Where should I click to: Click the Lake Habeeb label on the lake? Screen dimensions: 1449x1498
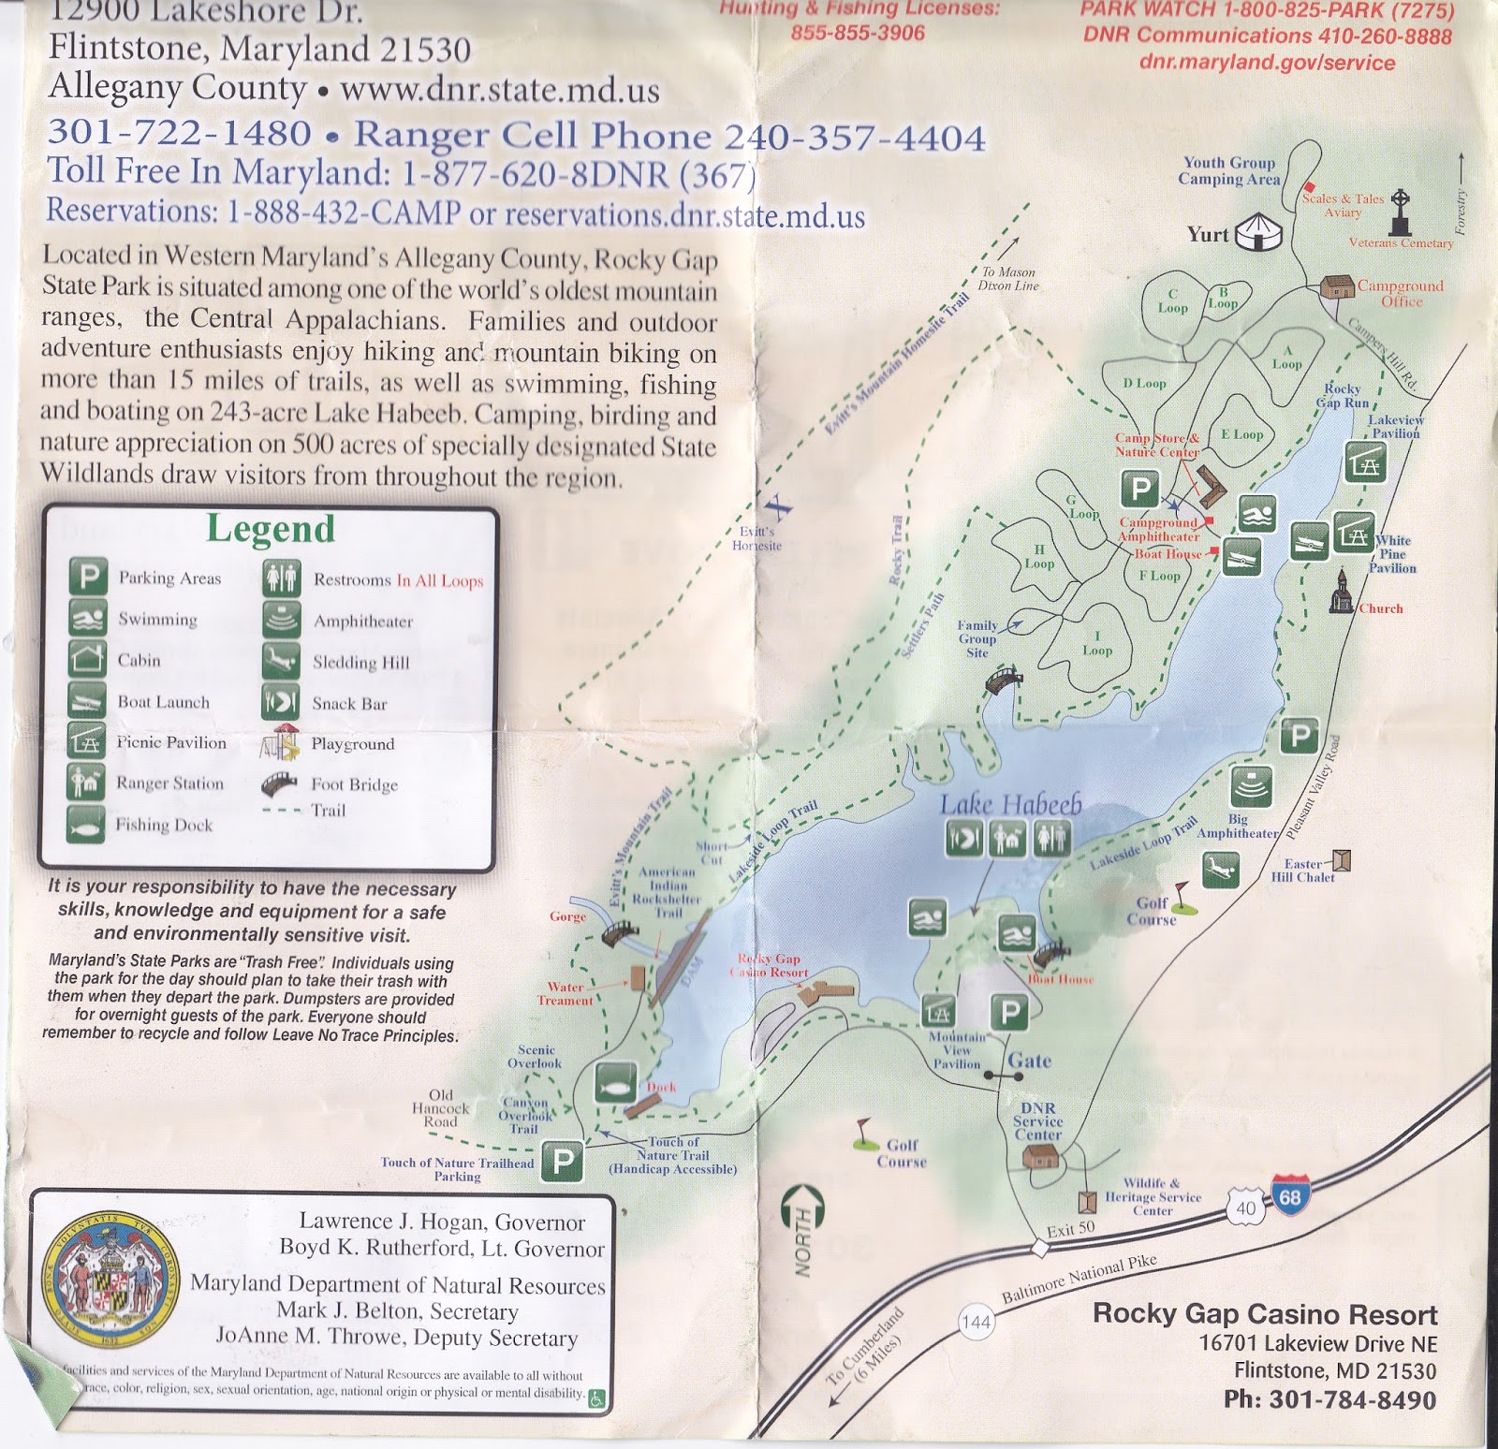click(1010, 804)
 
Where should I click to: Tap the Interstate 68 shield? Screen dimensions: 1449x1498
click(1288, 1195)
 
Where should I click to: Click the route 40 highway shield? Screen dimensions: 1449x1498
click(1245, 1208)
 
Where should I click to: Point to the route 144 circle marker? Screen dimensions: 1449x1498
click(976, 1322)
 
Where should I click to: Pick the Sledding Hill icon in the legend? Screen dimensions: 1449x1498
click(281, 662)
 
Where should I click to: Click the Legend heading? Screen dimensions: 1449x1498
click(271, 529)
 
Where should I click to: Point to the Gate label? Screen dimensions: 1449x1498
click(1029, 1061)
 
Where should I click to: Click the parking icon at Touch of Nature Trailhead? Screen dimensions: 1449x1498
click(563, 1162)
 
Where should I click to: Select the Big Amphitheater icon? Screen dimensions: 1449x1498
click(1251, 785)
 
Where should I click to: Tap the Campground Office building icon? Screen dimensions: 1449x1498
click(1337, 286)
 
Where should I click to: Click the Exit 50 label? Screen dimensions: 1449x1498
click(1071, 1229)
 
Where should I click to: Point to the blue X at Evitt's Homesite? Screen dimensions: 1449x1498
click(777, 507)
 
